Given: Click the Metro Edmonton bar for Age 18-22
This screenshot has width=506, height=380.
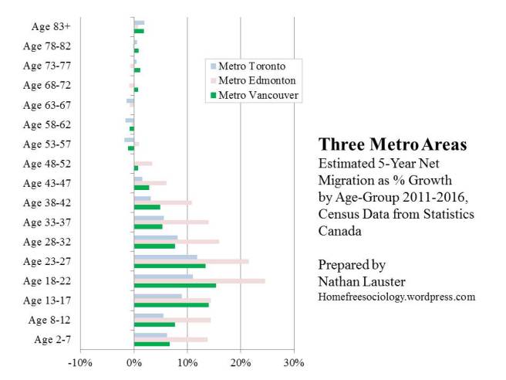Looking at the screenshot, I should click(199, 280).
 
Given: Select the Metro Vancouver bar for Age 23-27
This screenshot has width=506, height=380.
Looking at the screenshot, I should click(170, 266).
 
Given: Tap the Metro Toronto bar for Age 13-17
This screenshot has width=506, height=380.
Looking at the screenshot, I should click(157, 295).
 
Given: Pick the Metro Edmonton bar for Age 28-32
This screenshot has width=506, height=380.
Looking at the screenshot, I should click(176, 241).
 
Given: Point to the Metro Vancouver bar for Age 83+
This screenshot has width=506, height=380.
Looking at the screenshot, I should click(139, 31).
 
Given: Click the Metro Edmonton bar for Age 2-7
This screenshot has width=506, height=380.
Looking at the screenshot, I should click(170, 339).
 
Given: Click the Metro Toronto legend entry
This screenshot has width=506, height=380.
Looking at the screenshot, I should click(252, 66).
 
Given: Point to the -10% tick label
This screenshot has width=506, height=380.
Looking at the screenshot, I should click(80, 362).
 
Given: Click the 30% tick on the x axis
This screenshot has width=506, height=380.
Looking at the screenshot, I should click(294, 362).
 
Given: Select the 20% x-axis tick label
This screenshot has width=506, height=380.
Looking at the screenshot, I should click(241, 362).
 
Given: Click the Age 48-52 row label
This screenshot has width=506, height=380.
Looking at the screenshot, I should click(47, 164).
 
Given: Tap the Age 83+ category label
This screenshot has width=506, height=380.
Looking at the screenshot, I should click(51, 26).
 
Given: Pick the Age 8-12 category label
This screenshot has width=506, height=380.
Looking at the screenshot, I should click(49, 319).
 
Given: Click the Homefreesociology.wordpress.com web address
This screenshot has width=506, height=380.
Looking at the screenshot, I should click(396, 297).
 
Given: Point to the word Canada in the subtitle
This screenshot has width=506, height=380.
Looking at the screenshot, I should click(339, 230).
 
